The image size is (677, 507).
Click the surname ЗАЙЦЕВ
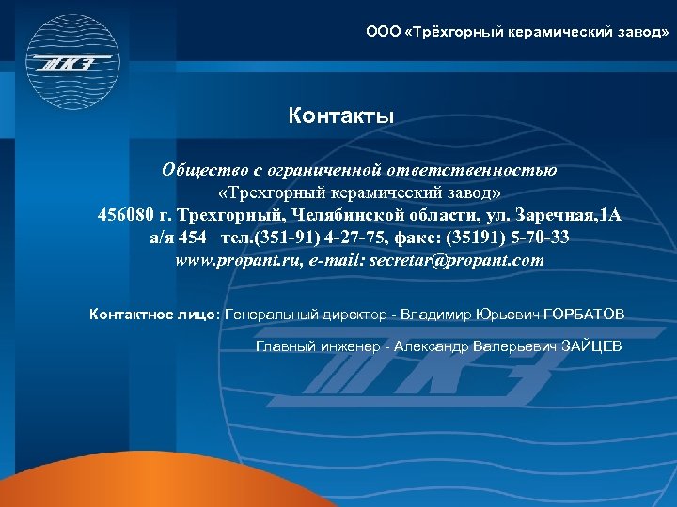tap(590, 346)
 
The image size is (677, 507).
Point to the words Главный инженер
tap(318, 346)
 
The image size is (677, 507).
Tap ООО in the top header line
tap(382, 32)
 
